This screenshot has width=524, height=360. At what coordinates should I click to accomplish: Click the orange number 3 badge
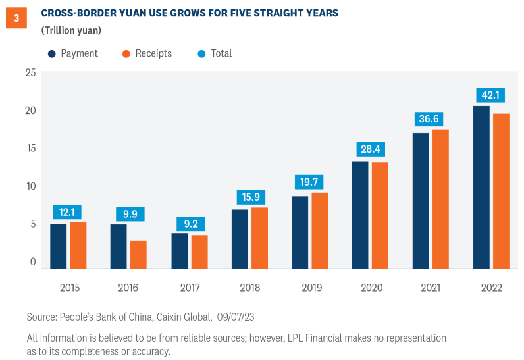click(16, 18)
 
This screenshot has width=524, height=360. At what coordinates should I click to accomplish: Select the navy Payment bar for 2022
click(481, 187)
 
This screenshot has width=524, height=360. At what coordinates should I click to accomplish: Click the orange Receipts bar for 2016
click(138, 254)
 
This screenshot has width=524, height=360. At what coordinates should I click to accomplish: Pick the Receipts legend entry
click(146, 53)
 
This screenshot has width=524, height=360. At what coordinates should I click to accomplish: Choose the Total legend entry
click(215, 53)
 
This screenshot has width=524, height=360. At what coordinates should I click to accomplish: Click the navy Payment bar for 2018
click(240, 238)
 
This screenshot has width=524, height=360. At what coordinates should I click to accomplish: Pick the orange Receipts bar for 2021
click(440, 199)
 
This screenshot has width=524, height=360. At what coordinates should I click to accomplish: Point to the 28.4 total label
click(369, 149)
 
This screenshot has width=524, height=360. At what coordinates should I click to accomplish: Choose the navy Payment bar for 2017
click(180, 250)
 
